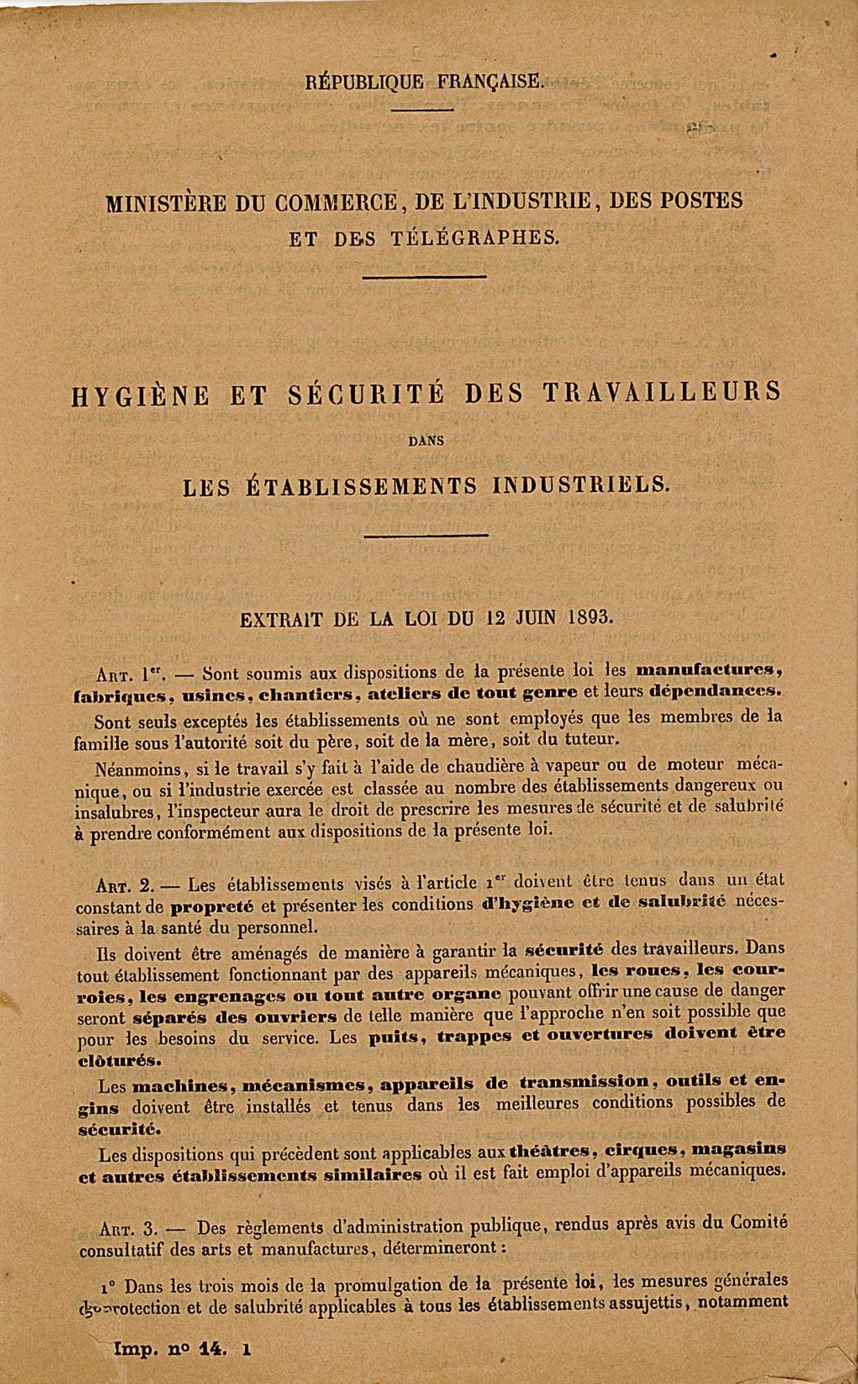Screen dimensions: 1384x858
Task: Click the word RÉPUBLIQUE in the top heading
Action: (365, 82)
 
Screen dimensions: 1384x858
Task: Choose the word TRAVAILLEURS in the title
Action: (662, 392)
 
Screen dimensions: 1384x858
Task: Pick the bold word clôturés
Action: (120, 1059)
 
